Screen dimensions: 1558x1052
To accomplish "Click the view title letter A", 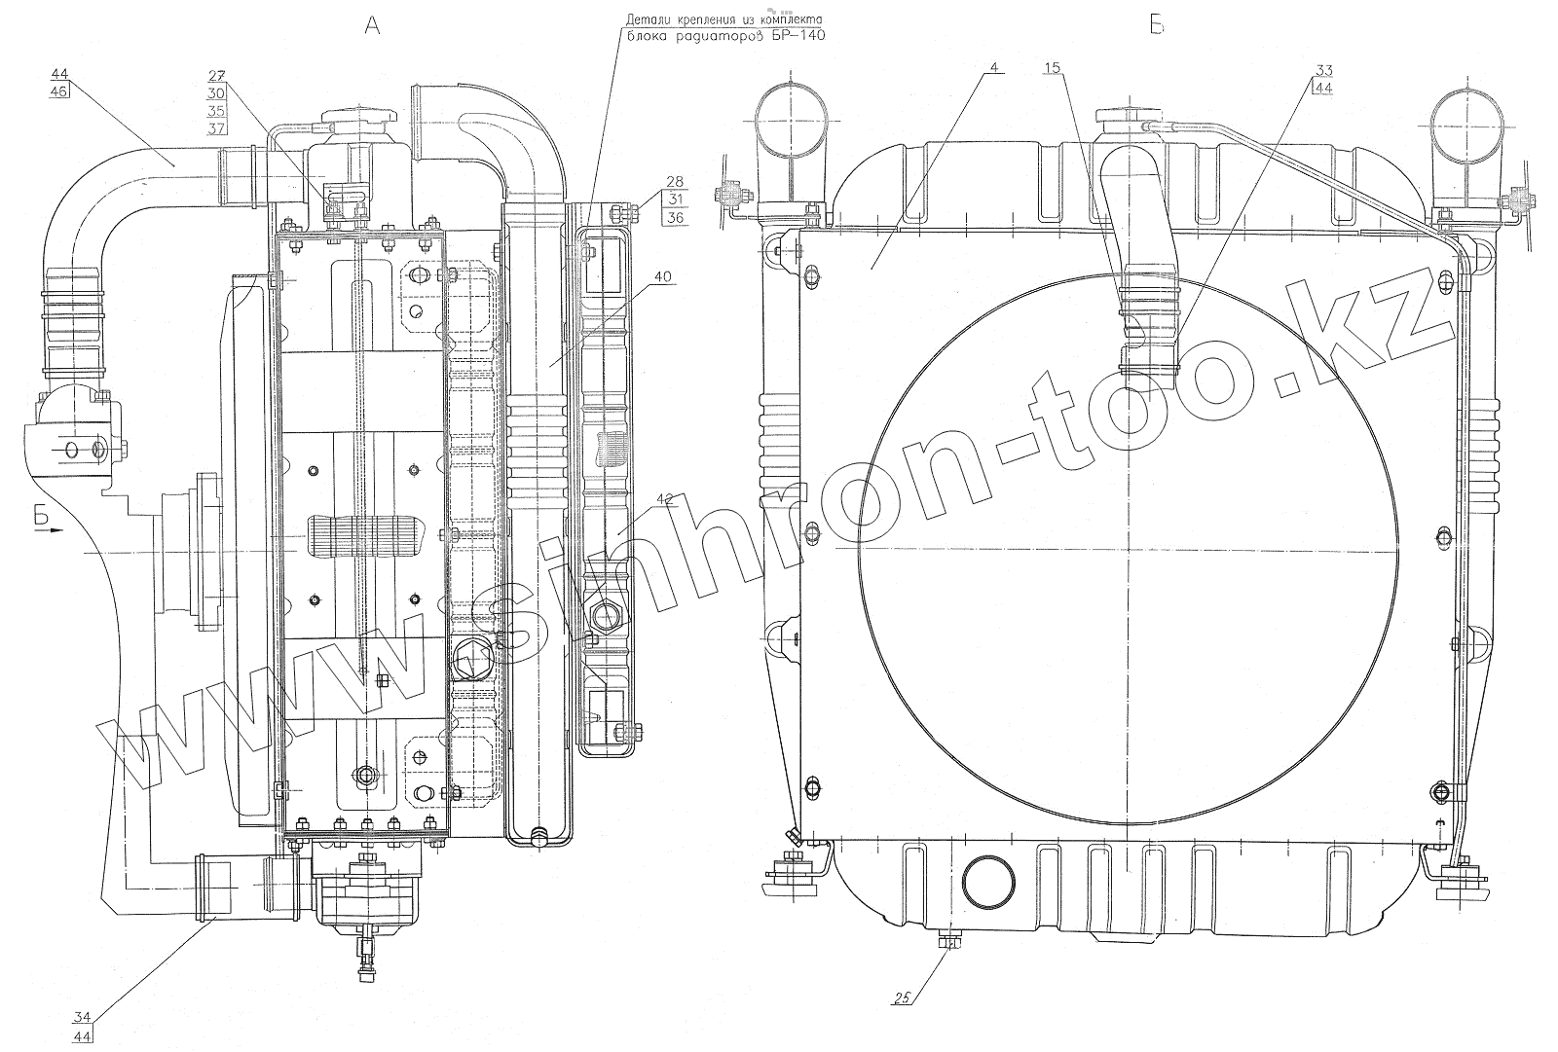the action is point(373,25).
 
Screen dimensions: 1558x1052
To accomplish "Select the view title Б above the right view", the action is point(1157,25).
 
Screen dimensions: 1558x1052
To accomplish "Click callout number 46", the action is point(59,91).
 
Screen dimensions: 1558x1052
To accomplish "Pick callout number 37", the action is point(216,128).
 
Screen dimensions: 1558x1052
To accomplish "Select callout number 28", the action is point(675,181).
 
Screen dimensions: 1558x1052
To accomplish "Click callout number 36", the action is point(675,218).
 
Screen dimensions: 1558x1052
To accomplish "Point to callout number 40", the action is point(663,276).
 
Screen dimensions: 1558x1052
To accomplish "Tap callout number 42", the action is point(665,499).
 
